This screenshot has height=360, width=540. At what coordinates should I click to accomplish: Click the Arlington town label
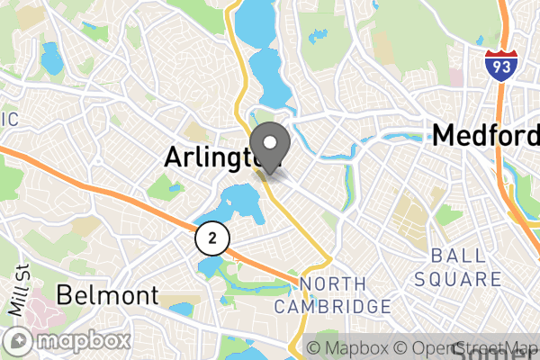214,157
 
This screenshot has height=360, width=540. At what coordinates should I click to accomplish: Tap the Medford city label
485,136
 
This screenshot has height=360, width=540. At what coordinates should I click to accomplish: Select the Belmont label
107,294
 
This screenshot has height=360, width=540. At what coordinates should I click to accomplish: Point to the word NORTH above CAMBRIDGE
333,284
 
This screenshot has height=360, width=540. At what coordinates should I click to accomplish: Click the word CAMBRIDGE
333,307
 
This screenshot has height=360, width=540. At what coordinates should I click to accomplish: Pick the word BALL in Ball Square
452,255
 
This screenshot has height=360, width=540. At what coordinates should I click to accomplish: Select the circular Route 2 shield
211,238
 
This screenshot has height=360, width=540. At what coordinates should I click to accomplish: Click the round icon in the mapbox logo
20,342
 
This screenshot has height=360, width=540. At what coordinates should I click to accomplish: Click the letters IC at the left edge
8,120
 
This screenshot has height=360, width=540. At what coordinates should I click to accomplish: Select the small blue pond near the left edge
50,60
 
